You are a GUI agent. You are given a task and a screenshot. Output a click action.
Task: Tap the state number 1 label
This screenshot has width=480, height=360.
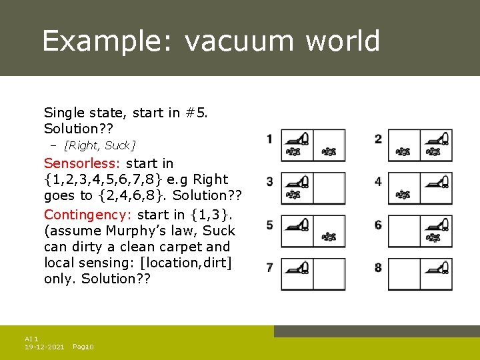(x=269, y=139)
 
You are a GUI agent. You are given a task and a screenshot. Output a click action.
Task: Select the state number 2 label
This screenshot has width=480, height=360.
(x=378, y=139)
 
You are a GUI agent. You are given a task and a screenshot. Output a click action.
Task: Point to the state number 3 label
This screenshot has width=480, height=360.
(x=269, y=181)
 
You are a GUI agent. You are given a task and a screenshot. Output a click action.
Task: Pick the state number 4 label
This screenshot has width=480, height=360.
(x=378, y=181)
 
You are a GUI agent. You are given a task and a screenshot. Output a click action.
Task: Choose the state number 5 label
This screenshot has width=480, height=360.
(x=269, y=225)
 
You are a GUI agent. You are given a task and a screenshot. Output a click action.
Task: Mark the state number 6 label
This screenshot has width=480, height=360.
(x=378, y=225)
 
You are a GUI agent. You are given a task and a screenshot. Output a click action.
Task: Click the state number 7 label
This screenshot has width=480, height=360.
(x=269, y=267)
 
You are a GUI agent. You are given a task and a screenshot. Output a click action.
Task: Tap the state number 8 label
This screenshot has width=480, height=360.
(x=378, y=267)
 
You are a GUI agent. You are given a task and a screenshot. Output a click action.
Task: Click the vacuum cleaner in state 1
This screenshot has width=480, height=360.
(x=297, y=139)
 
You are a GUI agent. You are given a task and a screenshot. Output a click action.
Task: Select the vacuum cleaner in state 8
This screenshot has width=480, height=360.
(x=437, y=267)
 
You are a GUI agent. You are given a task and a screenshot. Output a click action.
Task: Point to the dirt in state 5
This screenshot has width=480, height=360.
(x=329, y=237)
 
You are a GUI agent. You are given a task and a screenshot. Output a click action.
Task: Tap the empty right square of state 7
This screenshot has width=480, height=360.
(x=329, y=274)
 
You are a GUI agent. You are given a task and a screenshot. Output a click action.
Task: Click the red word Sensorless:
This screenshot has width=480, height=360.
(x=82, y=163)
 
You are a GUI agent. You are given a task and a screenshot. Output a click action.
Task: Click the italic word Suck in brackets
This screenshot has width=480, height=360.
(x=118, y=145)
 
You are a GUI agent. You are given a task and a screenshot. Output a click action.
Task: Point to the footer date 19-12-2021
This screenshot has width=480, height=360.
(x=44, y=347)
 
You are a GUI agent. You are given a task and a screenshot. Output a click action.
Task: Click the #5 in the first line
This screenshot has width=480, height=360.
(x=196, y=113)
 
